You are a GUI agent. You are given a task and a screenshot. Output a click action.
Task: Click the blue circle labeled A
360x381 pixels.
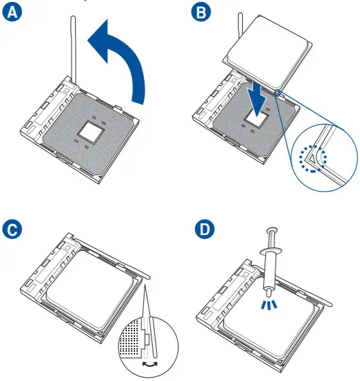(12, 12)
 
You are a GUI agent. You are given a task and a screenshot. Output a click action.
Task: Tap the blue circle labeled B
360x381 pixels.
(201, 12)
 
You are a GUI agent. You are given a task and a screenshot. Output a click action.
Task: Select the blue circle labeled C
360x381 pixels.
(12, 229)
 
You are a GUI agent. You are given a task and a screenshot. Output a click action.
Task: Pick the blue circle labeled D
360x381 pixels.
(205, 229)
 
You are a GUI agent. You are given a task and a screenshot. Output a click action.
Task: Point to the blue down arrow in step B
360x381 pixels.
(258, 99)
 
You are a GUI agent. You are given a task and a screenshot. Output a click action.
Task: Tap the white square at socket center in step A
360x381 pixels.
(91, 133)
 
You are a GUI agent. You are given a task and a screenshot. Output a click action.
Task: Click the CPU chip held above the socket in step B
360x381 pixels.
(267, 52)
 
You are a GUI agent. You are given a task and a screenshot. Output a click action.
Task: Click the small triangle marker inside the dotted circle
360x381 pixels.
(312, 158)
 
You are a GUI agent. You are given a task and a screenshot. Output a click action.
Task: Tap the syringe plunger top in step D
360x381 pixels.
(272, 230)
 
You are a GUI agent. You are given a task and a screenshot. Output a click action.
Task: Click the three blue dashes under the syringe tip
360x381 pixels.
(269, 305)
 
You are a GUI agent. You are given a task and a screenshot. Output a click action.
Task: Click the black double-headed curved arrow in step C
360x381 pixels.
(150, 365)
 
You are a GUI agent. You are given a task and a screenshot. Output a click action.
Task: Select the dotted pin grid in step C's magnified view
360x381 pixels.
(130, 337)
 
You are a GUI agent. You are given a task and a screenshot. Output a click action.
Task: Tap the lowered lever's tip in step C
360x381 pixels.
(148, 277)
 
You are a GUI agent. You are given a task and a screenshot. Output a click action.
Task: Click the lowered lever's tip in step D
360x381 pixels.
(329, 304)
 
